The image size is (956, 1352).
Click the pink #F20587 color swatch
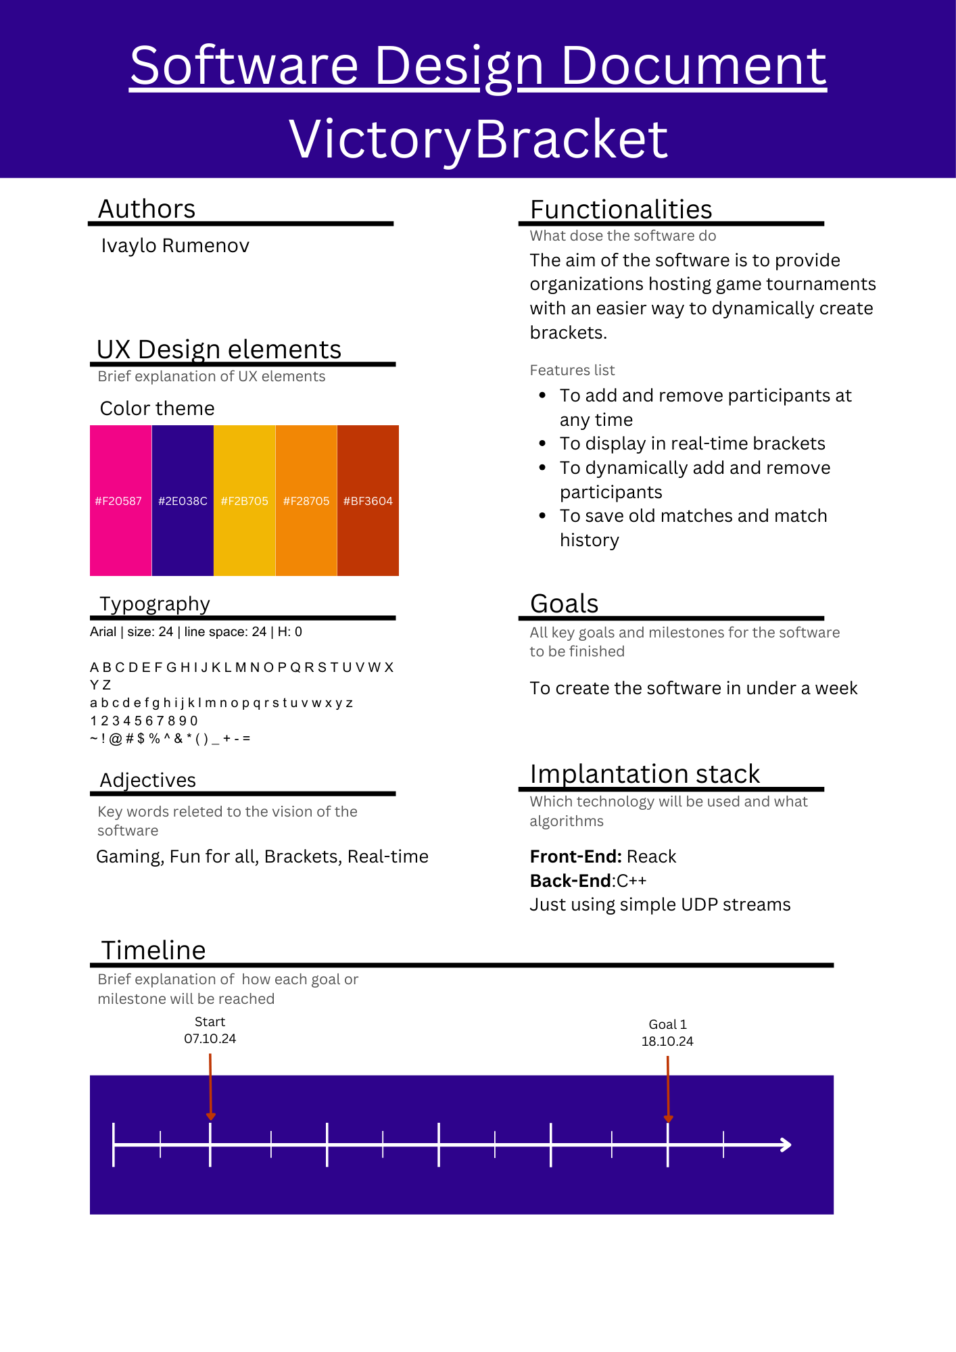click(x=120, y=500)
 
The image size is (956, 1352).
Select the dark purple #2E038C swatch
click(x=183, y=500)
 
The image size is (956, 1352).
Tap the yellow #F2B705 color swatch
click(x=245, y=500)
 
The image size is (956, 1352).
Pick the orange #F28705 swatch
click(x=306, y=500)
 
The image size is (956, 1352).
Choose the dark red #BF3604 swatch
click(x=368, y=500)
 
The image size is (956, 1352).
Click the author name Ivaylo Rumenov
click(x=175, y=245)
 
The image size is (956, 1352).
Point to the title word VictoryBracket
click(x=478, y=139)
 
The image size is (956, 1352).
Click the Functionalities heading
click(x=621, y=210)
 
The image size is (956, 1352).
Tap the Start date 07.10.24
click(x=210, y=1038)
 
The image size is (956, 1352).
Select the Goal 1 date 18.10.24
click(x=667, y=1041)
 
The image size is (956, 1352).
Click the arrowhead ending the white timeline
click(x=786, y=1144)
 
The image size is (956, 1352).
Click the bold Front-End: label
click(x=575, y=856)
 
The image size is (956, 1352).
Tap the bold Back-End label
click(x=571, y=881)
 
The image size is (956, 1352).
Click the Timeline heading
click(x=153, y=950)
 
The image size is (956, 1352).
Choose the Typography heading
click(x=155, y=604)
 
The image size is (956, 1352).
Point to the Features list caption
click(x=572, y=370)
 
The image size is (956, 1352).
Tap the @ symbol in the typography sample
click(x=116, y=738)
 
